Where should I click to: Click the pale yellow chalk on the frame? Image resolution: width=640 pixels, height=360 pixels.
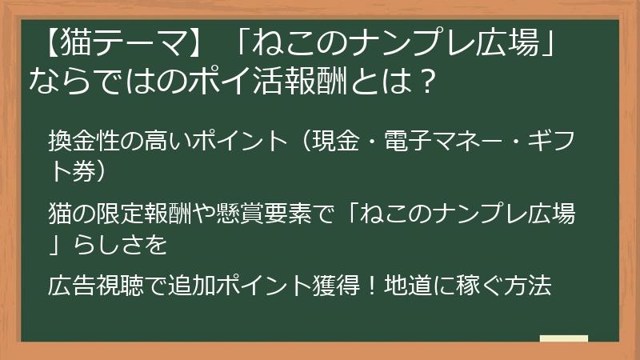coord(563,339)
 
